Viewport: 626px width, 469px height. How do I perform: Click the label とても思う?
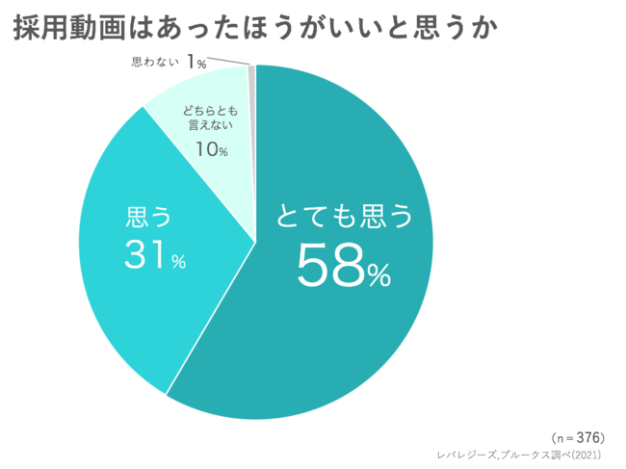coord(344,217)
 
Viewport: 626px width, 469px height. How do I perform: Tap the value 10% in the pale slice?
coord(211,148)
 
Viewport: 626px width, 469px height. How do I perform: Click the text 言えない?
coord(210,126)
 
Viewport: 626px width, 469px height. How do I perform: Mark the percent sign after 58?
coord(377,275)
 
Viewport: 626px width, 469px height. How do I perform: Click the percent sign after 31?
coord(177,262)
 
